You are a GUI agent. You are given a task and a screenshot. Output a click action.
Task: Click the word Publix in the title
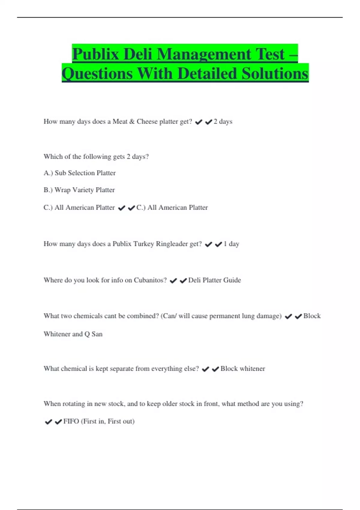pyautogui.click(x=96, y=54)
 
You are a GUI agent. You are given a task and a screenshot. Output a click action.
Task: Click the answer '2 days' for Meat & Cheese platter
pyautogui.click(x=223, y=121)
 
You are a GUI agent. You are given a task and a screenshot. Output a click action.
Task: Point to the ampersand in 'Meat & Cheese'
pyautogui.click(x=132, y=121)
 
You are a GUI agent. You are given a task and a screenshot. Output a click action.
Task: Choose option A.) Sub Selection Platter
pyautogui.click(x=79, y=173)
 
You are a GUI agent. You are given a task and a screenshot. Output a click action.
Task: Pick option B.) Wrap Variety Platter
pyautogui.click(x=79, y=190)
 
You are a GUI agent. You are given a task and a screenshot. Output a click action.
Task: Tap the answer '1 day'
pyautogui.click(x=232, y=244)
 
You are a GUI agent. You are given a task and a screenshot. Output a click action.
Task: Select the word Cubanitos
pyautogui.click(x=150, y=280)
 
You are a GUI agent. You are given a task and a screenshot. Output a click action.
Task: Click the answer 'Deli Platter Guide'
pyautogui.click(x=214, y=280)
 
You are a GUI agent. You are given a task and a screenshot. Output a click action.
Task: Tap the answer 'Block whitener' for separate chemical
pyautogui.click(x=243, y=369)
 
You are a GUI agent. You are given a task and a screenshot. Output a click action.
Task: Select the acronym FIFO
pyautogui.click(x=71, y=421)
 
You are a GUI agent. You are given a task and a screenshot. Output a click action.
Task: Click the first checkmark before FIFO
pyautogui.click(x=48, y=422)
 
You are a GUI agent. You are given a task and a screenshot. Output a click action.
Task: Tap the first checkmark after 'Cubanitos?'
pyautogui.click(x=173, y=281)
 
